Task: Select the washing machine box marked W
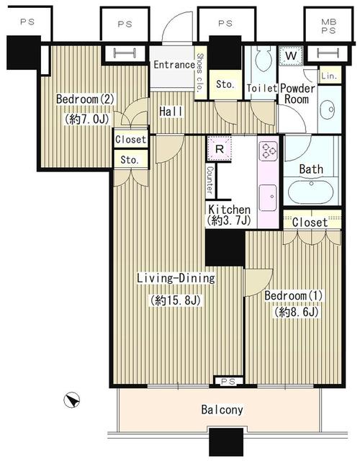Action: coord(292,55)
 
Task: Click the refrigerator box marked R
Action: coord(217,149)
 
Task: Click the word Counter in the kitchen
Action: coord(210,180)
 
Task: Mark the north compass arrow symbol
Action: coord(70,397)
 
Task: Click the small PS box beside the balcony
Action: coord(228,380)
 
